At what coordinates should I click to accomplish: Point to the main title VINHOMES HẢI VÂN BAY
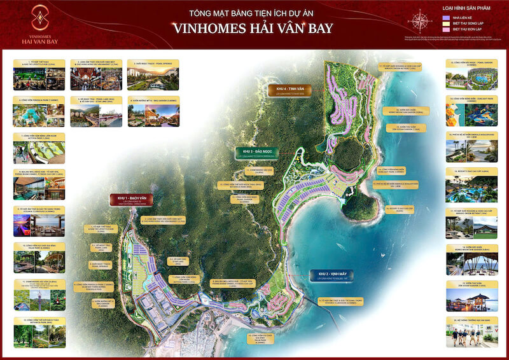point(254,27)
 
